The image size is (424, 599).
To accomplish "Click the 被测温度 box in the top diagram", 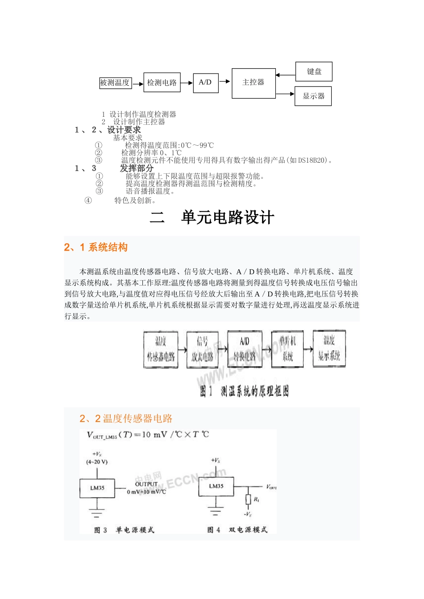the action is pos(115,83).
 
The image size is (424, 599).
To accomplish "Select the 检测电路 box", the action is pos(162,82).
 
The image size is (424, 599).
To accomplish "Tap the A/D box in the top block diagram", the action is pos(205,82).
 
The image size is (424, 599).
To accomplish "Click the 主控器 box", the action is pos(253,83).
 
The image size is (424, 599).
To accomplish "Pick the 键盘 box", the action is pos(314,71).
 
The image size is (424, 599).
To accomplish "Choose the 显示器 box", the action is pos(313,96).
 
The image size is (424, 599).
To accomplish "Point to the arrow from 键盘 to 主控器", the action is pos(285,75).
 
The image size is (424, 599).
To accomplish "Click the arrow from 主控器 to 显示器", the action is pos(285,94).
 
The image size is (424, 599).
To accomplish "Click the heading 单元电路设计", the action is pos(227,217).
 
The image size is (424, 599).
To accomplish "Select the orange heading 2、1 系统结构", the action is pos(96,247).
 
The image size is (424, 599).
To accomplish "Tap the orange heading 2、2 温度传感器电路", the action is pos(126,418).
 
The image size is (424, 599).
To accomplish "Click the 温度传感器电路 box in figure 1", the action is pos(161,349).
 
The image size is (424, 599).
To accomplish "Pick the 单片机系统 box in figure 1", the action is pos(287,349).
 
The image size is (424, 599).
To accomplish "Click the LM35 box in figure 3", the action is pos(97,488).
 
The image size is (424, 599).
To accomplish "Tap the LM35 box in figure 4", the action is pos(216,486).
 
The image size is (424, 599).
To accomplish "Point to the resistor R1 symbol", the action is pos(248,500).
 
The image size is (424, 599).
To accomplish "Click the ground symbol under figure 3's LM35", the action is pos(97,513).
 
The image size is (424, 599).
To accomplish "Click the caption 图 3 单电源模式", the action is pos(124,530).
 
